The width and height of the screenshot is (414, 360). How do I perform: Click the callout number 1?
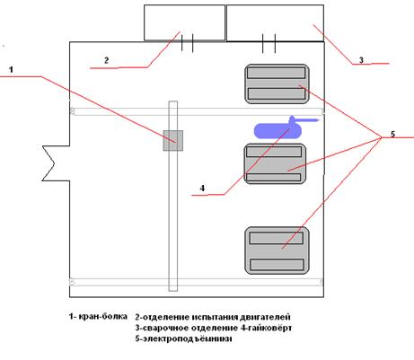coord(11,70)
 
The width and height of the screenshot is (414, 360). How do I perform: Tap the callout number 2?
coord(106,60)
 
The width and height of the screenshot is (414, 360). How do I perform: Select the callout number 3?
coord(361,60)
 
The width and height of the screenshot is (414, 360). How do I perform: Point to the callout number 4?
coord(202,189)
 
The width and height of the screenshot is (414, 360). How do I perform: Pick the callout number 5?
coord(392,134)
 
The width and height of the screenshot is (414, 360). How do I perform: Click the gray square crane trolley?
coord(173,141)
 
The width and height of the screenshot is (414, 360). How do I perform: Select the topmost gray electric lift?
coord(277,83)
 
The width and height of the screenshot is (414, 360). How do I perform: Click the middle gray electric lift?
coord(276,163)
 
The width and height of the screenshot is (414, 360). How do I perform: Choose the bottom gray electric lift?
coord(277,250)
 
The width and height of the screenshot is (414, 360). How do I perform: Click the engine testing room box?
coord(184,22)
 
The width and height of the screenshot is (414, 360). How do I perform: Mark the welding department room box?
coord(275,22)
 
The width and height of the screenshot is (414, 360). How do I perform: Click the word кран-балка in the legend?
coord(102,316)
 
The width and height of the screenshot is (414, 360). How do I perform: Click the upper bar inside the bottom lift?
coord(277,238)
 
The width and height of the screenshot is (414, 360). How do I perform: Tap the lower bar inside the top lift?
coord(277,93)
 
